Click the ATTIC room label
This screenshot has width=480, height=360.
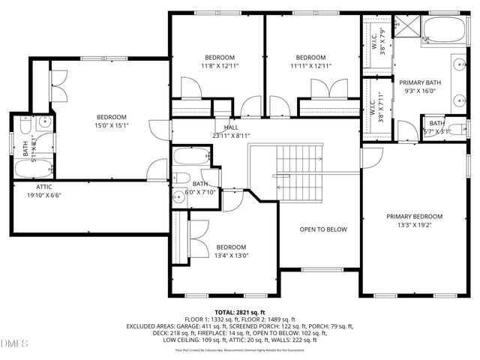[43, 187]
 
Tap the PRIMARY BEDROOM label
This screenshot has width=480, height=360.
[414, 216]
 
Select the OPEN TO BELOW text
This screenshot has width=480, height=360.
[323, 229]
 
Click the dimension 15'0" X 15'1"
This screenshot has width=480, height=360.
[111, 126]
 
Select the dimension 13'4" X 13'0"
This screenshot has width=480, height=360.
[231, 256]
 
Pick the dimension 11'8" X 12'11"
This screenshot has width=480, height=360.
[220, 66]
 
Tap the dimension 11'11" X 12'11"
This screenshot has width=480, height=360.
[310, 66]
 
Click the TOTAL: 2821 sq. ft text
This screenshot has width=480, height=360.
[240, 311]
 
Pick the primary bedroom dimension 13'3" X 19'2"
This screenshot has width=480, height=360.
[414, 224]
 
